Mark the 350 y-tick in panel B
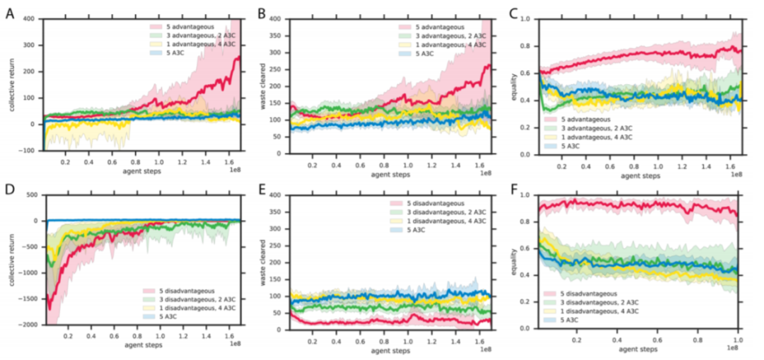pos(282,34)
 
